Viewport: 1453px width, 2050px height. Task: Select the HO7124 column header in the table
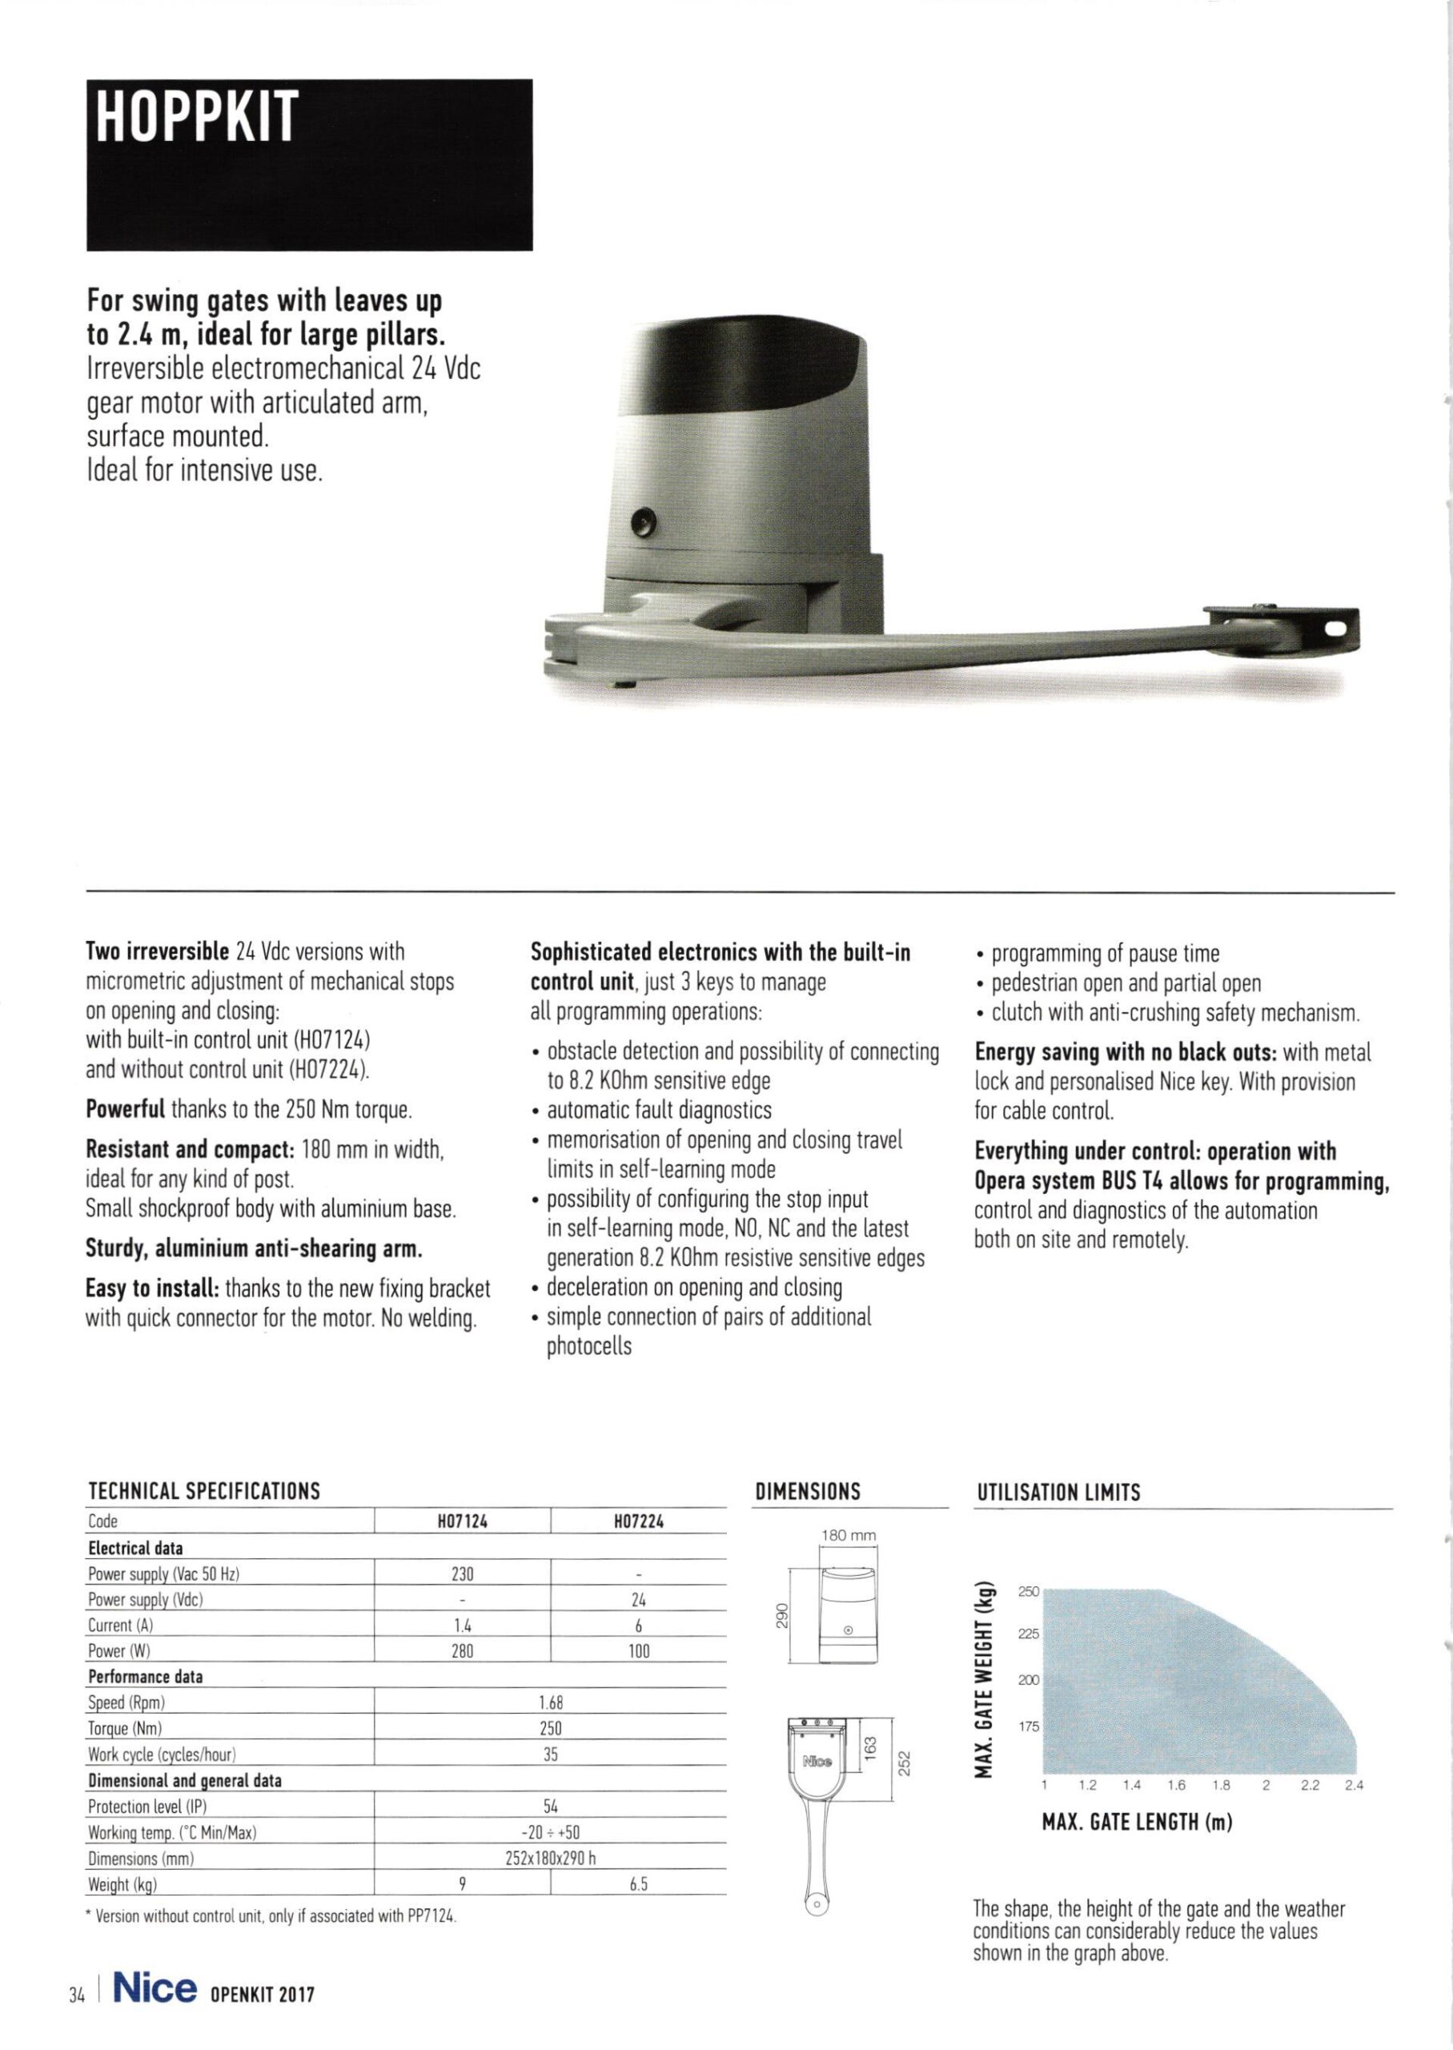462,1521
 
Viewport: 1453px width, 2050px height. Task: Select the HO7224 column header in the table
639,1521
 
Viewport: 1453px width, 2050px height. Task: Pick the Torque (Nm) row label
124,1729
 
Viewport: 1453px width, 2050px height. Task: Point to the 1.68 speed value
550,1702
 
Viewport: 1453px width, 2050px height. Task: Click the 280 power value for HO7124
462,1652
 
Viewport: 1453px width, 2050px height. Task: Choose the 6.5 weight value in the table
639,1884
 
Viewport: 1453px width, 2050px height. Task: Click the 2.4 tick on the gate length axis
1354,1786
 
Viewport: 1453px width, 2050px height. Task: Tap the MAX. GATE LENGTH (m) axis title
1137,1823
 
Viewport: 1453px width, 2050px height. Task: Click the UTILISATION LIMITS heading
1058,1493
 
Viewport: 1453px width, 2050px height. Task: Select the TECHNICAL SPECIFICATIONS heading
204,1492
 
